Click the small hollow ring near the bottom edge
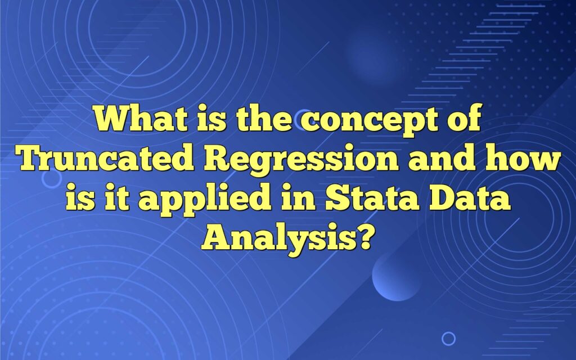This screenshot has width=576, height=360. click(448, 338)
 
